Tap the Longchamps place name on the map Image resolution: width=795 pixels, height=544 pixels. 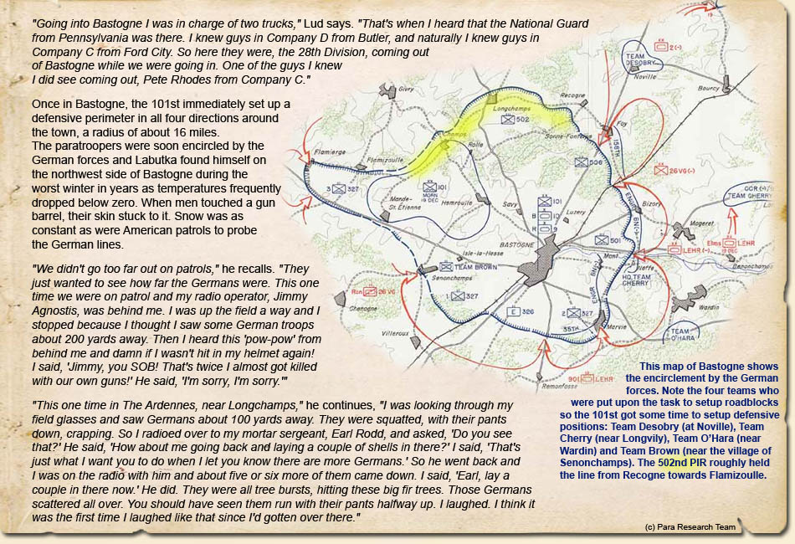[510, 108]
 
